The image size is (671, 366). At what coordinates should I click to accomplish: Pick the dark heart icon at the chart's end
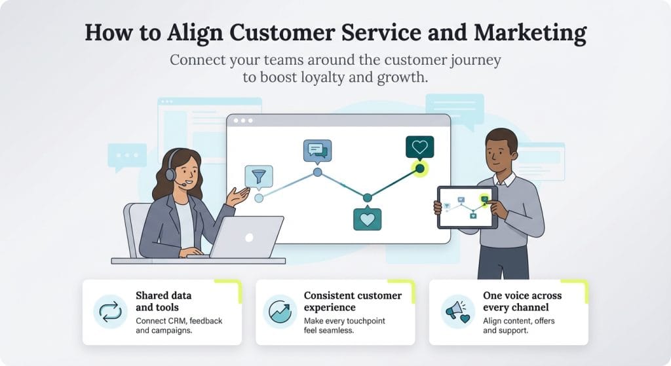click(x=419, y=147)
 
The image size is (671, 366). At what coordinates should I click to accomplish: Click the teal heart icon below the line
click(x=367, y=219)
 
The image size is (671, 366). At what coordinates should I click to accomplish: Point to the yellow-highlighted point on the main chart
click(x=419, y=169)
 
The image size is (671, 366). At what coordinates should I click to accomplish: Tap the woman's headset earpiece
click(x=170, y=174)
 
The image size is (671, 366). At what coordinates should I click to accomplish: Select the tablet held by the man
click(x=467, y=207)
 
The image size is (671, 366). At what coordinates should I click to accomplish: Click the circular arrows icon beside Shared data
click(x=110, y=312)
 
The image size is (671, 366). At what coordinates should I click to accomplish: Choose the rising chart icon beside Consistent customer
click(x=280, y=312)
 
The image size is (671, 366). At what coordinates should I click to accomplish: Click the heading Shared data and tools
click(x=164, y=301)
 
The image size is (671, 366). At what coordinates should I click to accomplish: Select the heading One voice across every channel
click(x=522, y=301)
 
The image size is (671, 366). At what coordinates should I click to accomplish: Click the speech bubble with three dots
click(x=126, y=156)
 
